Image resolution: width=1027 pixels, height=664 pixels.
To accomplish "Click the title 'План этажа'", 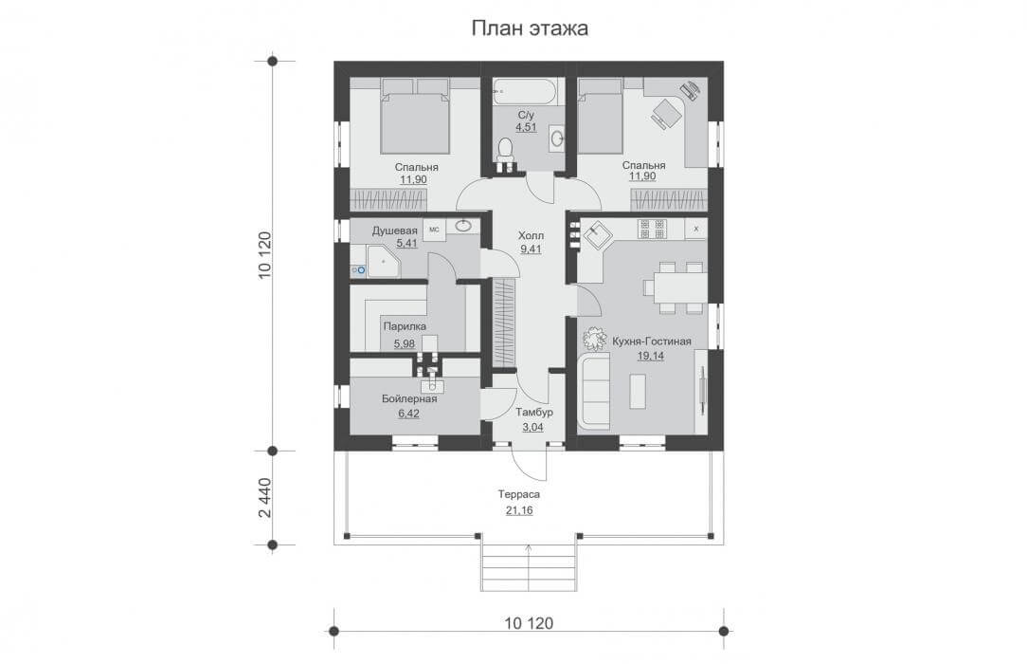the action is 530,28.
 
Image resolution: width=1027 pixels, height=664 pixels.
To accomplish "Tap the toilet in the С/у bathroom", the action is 506,150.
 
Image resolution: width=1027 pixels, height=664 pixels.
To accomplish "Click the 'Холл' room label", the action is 531,235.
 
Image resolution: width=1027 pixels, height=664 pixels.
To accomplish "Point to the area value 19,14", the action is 650,356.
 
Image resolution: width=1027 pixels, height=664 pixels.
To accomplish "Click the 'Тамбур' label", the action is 533,413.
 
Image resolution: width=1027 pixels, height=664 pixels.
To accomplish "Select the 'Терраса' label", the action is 519,494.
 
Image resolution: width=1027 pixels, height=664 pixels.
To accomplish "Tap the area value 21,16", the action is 519,510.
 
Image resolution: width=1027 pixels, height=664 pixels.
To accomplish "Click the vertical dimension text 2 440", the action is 264,497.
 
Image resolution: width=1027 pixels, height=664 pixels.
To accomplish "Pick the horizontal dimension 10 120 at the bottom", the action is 529,622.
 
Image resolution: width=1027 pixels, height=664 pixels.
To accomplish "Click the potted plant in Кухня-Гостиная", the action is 595,339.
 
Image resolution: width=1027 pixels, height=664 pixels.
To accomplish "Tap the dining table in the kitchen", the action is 675,287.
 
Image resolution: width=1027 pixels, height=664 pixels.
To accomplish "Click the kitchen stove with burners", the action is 653,229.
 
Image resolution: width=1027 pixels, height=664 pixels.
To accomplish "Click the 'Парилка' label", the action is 405,326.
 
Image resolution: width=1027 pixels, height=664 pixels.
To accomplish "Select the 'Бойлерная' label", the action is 409,398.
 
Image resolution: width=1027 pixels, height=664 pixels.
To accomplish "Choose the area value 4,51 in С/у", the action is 526,127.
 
